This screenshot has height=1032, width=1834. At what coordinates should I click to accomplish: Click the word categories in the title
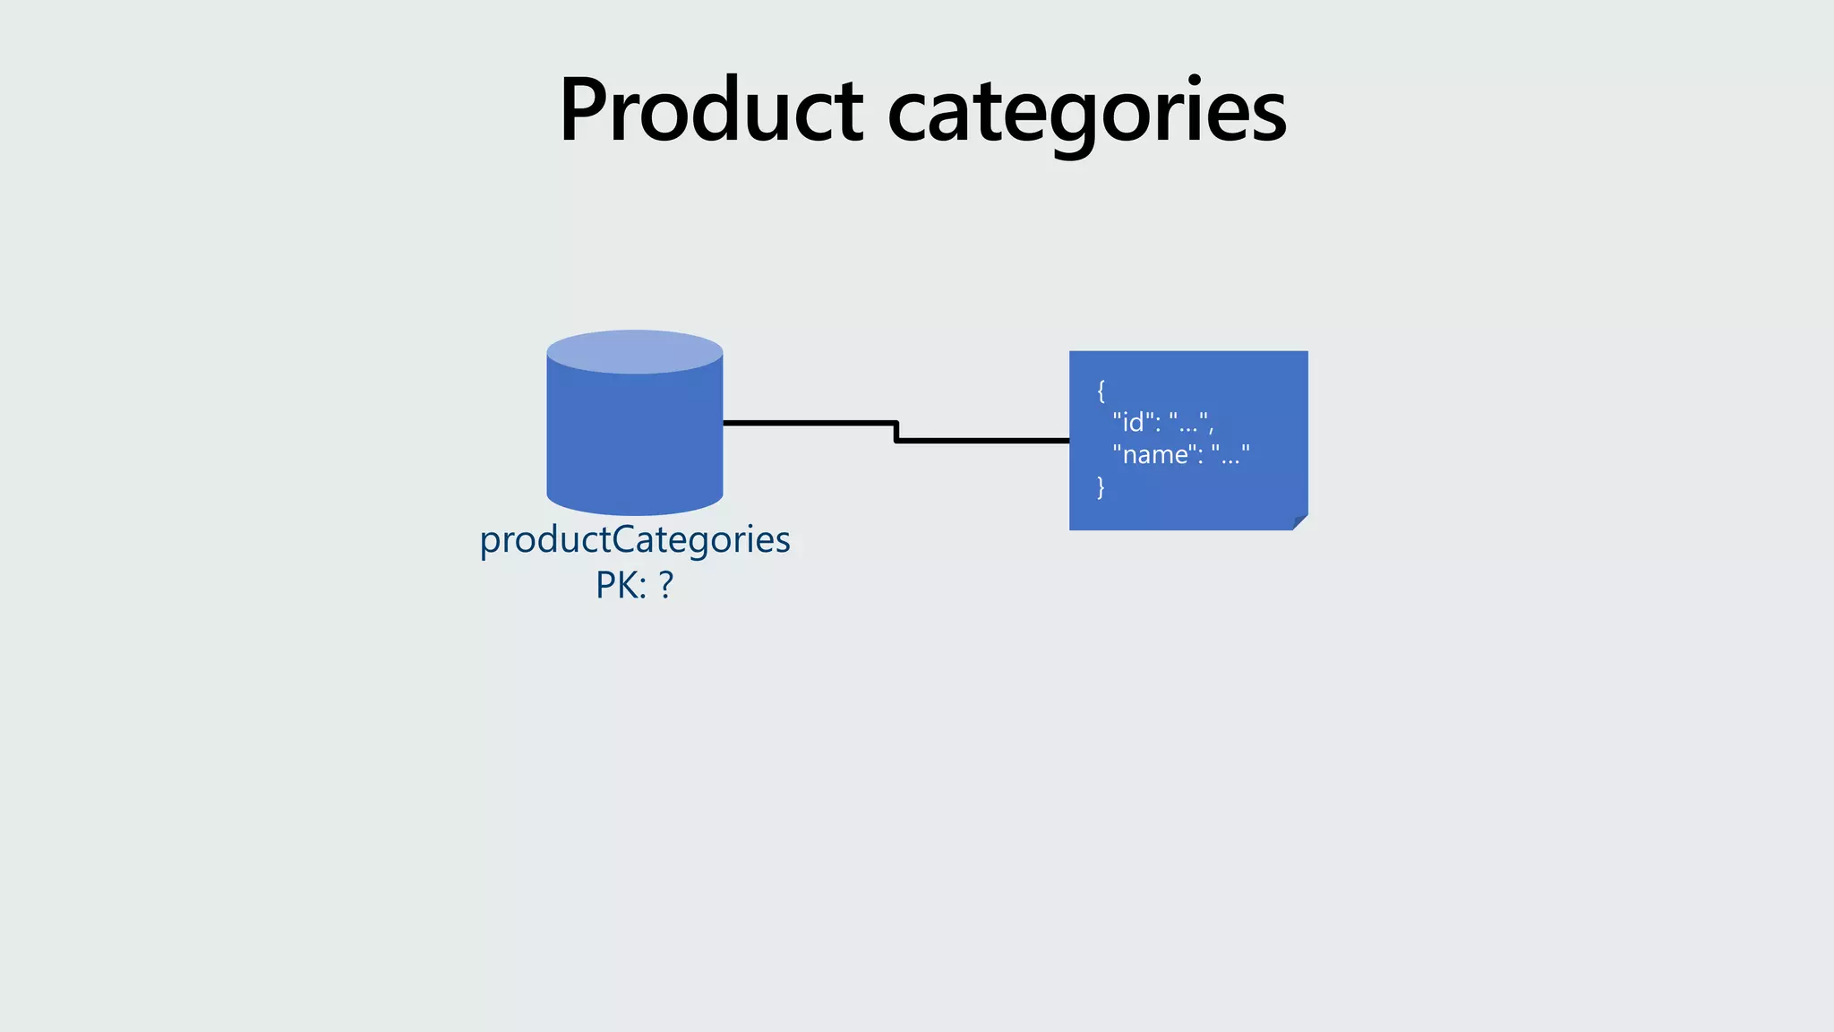pyautogui.click(x=1086, y=112)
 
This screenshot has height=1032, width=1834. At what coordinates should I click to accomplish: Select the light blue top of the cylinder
pyautogui.click(x=634, y=351)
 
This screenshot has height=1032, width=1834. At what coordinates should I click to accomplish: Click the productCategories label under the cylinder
pyautogui.click(x=634, y=539)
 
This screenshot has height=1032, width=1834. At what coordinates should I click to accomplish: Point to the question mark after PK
pyautogui.click(x=665, y=585)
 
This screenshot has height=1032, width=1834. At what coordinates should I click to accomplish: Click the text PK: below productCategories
pyautogui.click(x=620, y=585)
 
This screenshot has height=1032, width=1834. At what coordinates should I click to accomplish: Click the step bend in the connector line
pyautogui.click(x=896, y=431)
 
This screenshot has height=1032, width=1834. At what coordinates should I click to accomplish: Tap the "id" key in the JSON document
pyautogui.click(x=1133, y=421)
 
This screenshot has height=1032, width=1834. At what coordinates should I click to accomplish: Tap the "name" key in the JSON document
pyautogui.click(x=1154, y=454)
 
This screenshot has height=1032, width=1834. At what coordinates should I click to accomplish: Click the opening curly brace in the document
pyautogui.click(x=1101, y=390)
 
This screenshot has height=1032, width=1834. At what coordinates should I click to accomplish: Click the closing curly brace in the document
pyautogui.click(x=1101, y=487)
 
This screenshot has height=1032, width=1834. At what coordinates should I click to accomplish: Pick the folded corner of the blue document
pyautogui.click(x=1299, y=522)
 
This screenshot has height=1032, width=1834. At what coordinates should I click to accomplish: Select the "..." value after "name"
pyautogui.click(x=1230, y=454)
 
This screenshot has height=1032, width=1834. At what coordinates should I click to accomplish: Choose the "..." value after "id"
pyautogui.click(x=1188, y=421)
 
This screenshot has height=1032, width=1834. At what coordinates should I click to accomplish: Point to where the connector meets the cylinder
pyautogui.click(x=724, y=422)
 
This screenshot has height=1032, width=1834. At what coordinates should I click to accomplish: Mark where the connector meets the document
pyautogui.click(x=1068, y=440)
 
